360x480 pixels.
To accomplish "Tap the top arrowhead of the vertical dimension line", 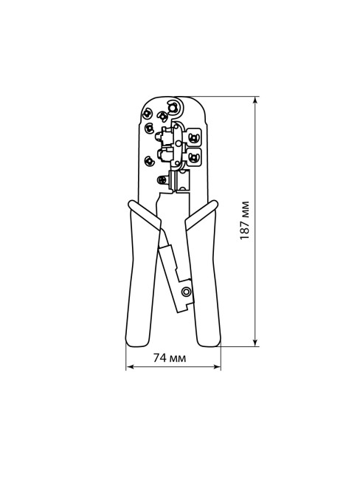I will [x=255, y=98].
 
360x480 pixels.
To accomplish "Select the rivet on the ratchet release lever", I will [x=185, y=292].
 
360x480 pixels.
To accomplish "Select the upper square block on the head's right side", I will [x=195, y=137].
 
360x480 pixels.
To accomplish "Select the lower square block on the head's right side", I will [x=195, y=156].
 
